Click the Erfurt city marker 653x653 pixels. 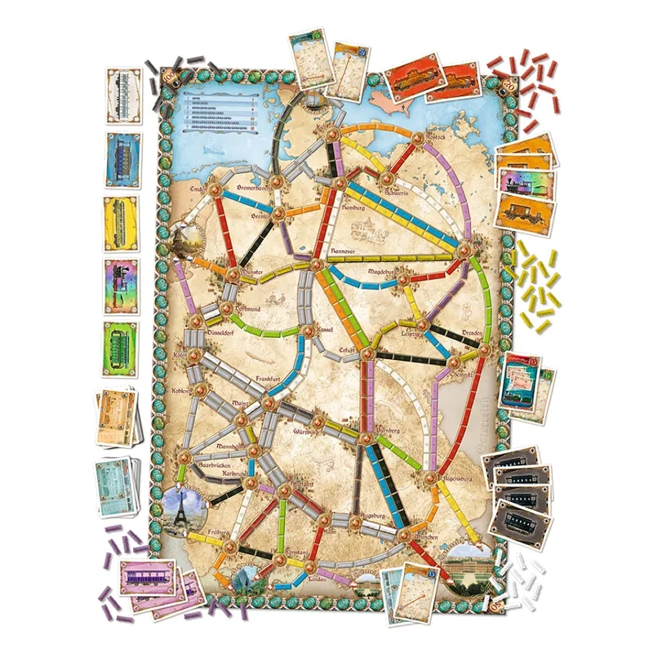coord(366,353)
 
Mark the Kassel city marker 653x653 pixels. coord(309,331)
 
